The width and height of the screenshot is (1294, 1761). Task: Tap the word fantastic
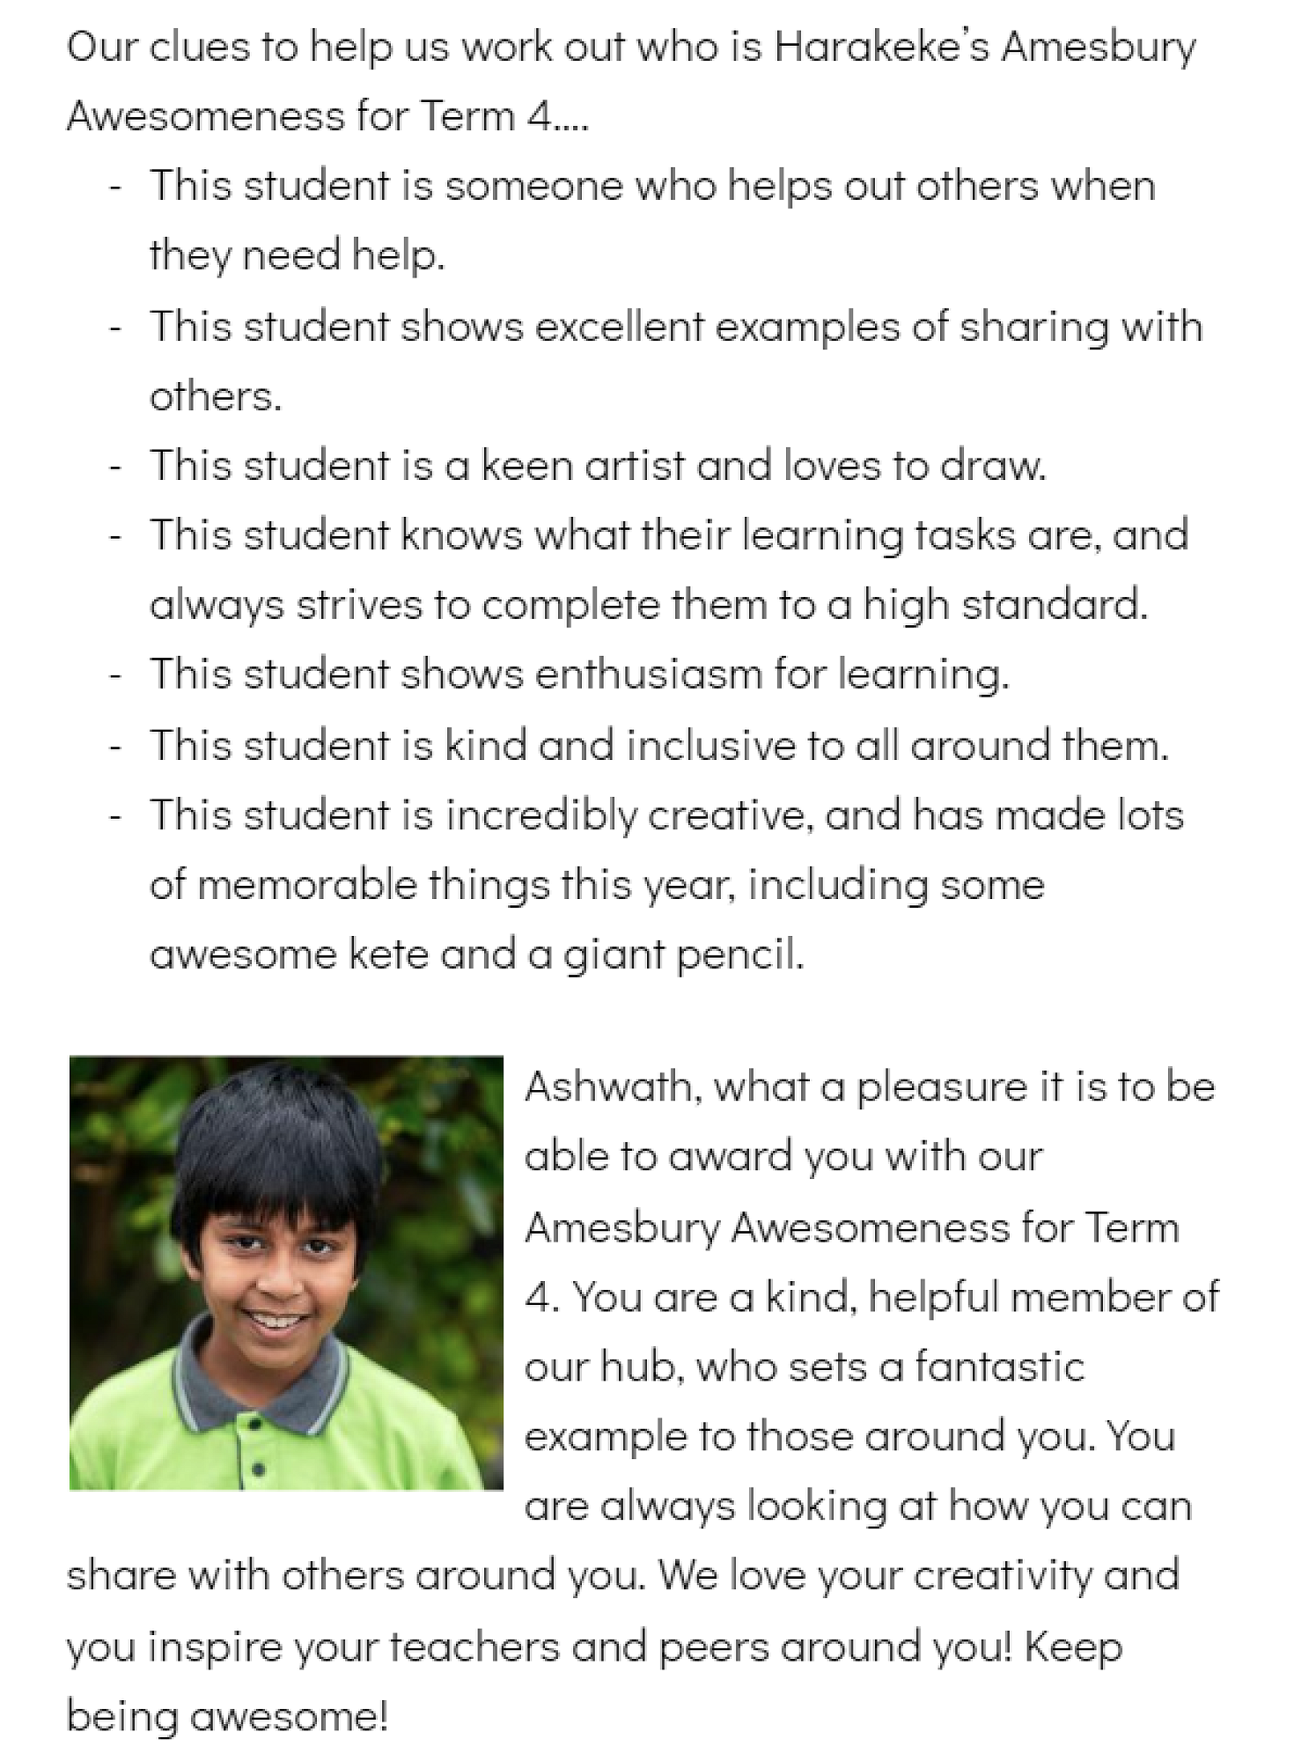(999, 1367)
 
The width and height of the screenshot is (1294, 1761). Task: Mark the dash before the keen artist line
(114, 468)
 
